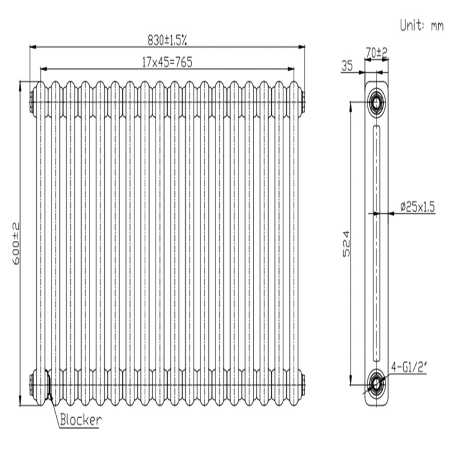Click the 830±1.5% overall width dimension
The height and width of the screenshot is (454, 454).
pyautogui.click(x=167, y=40)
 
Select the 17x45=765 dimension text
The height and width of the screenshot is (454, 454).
pyautogui.click(x=167, y=62)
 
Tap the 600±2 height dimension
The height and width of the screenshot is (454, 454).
pyautogui.click(x=16, y=243)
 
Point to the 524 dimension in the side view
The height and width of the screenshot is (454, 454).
pyautogui.click(x=346, y=243)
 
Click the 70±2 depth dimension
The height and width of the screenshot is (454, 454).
pyautogui.click(x=377, y=53)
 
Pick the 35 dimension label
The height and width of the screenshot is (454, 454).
pyautogui.click(x=347, y=66)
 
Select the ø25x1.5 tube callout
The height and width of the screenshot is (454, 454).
pyautogui.click(x=418, y=207)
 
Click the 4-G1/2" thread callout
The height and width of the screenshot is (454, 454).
pyautogui.click(x=409, y=367)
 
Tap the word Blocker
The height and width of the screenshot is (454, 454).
pyautogui.click(x=81, y=419)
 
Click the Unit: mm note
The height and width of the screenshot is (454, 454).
pyautogui.click(x=421, y=25)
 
